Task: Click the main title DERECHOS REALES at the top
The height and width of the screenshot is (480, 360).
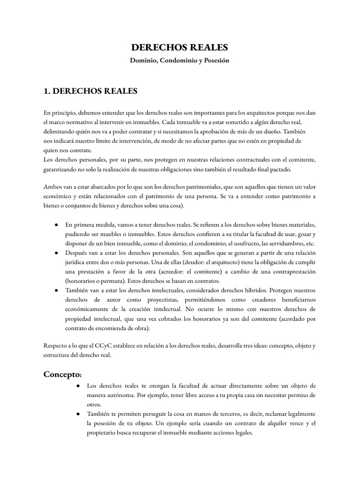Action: click(x=180, y=47)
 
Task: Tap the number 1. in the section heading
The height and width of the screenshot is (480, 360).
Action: click(x=48, y=91)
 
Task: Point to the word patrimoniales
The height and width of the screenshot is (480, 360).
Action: click(x=210, y=186)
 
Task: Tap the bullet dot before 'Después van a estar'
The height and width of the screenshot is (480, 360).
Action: click(x=56, y=252)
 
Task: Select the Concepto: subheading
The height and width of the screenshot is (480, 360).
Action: click(x=63, y=374)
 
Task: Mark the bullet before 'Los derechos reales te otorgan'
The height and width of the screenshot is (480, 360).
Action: click(x=78, y=386)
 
